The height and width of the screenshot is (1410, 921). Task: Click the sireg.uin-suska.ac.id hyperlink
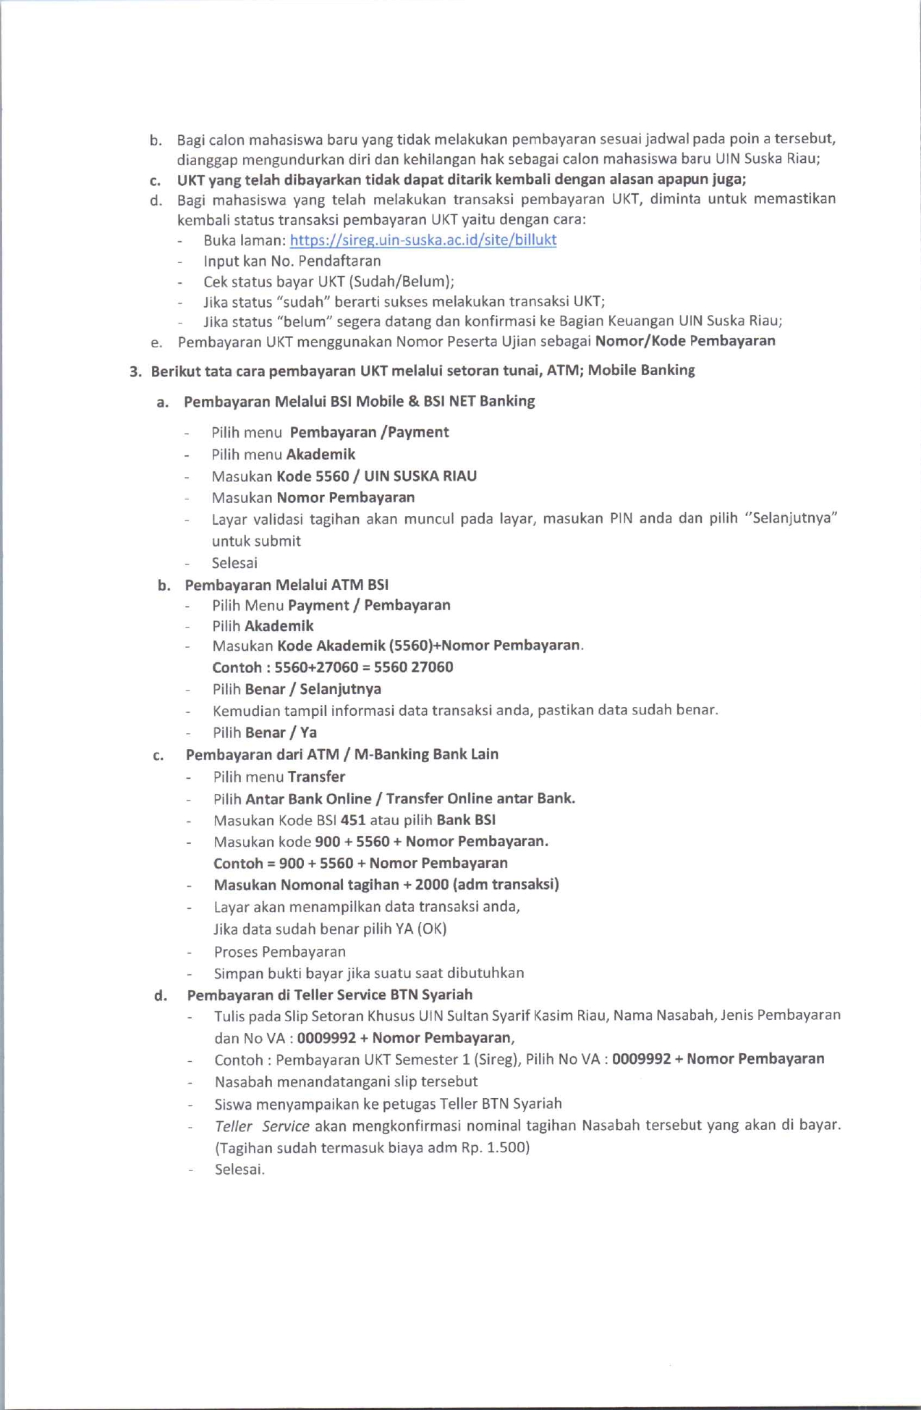[x=423, y=240]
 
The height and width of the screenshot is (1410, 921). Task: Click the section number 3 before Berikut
[x=135, y=372]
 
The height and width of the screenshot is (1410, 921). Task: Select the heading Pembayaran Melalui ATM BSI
[x=287, y=584]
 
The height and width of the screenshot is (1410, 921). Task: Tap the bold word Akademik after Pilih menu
[x=321, y=454]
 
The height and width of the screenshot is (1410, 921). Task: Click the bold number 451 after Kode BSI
[x=352, y=820]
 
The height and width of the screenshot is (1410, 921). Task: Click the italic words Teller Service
[x=262, y=1126]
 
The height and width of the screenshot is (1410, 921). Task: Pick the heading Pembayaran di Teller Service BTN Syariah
[x=329, y=995]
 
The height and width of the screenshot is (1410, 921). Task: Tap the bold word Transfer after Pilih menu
[x=316, y=777]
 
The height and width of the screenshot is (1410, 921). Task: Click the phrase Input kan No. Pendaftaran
[x=292, y=261]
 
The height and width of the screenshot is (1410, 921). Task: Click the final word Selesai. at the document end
[x=239, y=1169]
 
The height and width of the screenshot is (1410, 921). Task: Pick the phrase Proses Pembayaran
[x=279, y=951]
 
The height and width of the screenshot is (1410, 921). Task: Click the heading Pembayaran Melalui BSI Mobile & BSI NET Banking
[x=359, y=401]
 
